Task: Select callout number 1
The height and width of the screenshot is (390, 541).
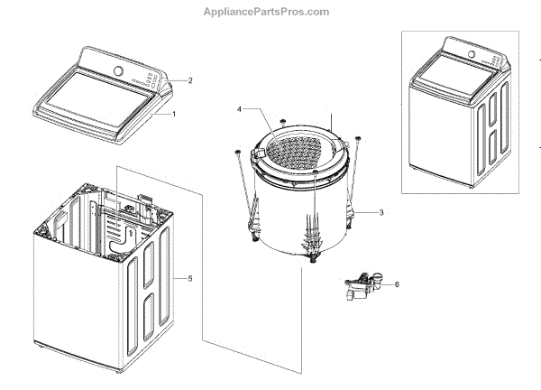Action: click(174, 115)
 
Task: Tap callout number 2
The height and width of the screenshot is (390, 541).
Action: click(189, 80)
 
